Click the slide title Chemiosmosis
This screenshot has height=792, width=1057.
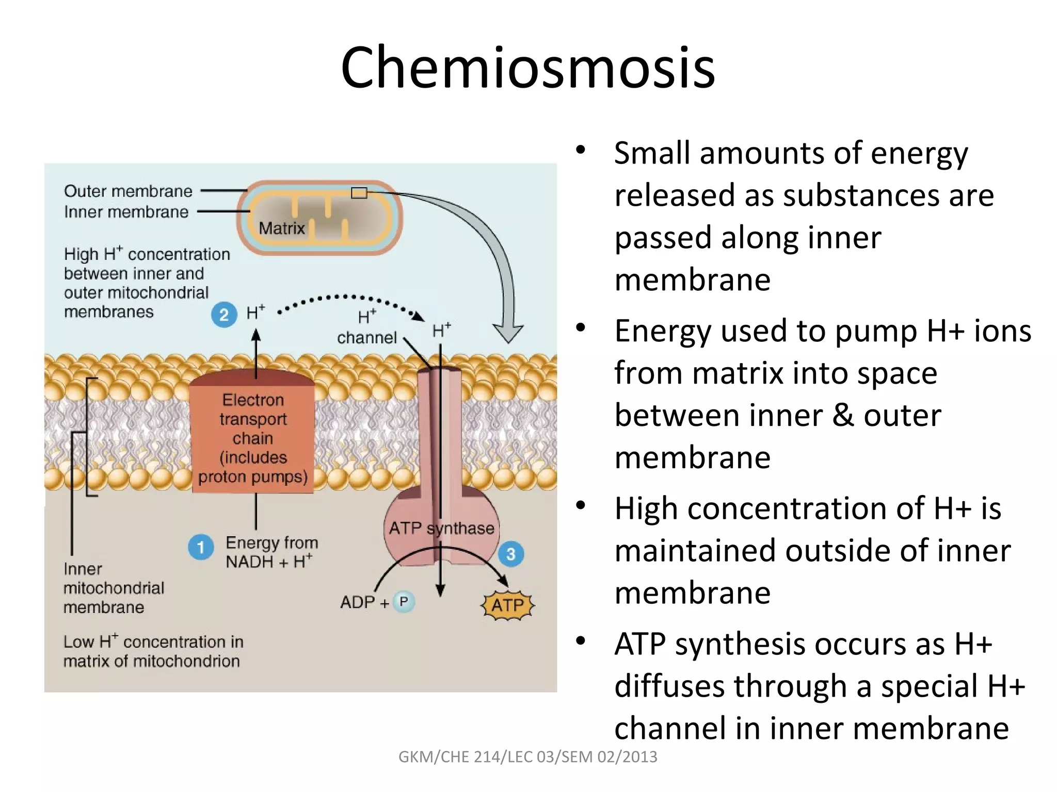point(527,68)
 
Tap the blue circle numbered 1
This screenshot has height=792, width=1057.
point(201,547)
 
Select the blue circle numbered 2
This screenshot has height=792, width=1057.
point(224,315)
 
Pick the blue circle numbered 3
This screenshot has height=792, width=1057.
point(511,554)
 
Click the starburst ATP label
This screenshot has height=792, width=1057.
point(508,605)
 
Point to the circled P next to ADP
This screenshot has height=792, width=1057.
point(404,602)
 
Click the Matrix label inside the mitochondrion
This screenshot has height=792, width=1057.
point(282,228)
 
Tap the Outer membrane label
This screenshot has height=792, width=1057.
point(128,191)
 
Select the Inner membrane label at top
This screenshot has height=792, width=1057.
point(126,212)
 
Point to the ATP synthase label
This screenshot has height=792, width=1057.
point(441,528)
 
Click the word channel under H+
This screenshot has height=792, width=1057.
point(366,338)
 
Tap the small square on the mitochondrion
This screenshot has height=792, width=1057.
point(359,193)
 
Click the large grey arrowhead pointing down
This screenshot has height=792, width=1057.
point(508,332)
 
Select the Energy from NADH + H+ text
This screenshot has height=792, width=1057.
point(271,552)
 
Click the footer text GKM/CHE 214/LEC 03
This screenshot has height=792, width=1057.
point(527,756)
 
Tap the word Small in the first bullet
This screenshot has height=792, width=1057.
point(652,153)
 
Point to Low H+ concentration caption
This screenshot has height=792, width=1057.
point(153,651)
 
